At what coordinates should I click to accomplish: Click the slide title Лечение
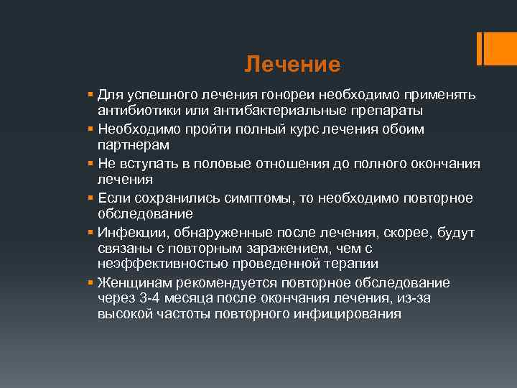pyautogui.click(x=292, y=65)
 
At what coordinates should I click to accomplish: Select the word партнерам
pyautogui.click(x=134, y=145)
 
